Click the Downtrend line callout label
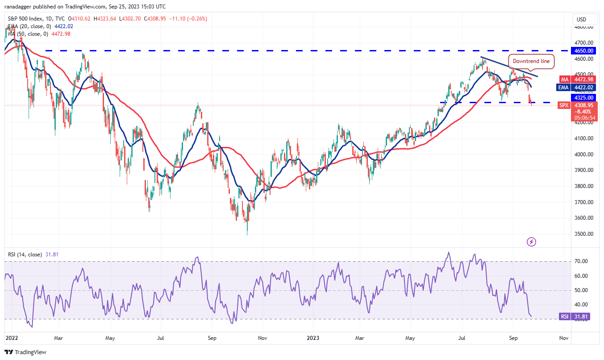[531, 61]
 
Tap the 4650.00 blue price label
[583, 51]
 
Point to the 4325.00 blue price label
[583, 97]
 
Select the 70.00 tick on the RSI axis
[582, 261]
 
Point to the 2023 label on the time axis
[311, 339]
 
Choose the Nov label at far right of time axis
[564, 339]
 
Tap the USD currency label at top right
[581, 19]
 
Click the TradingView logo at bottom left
[26, 352]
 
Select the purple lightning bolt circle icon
[531, 242]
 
